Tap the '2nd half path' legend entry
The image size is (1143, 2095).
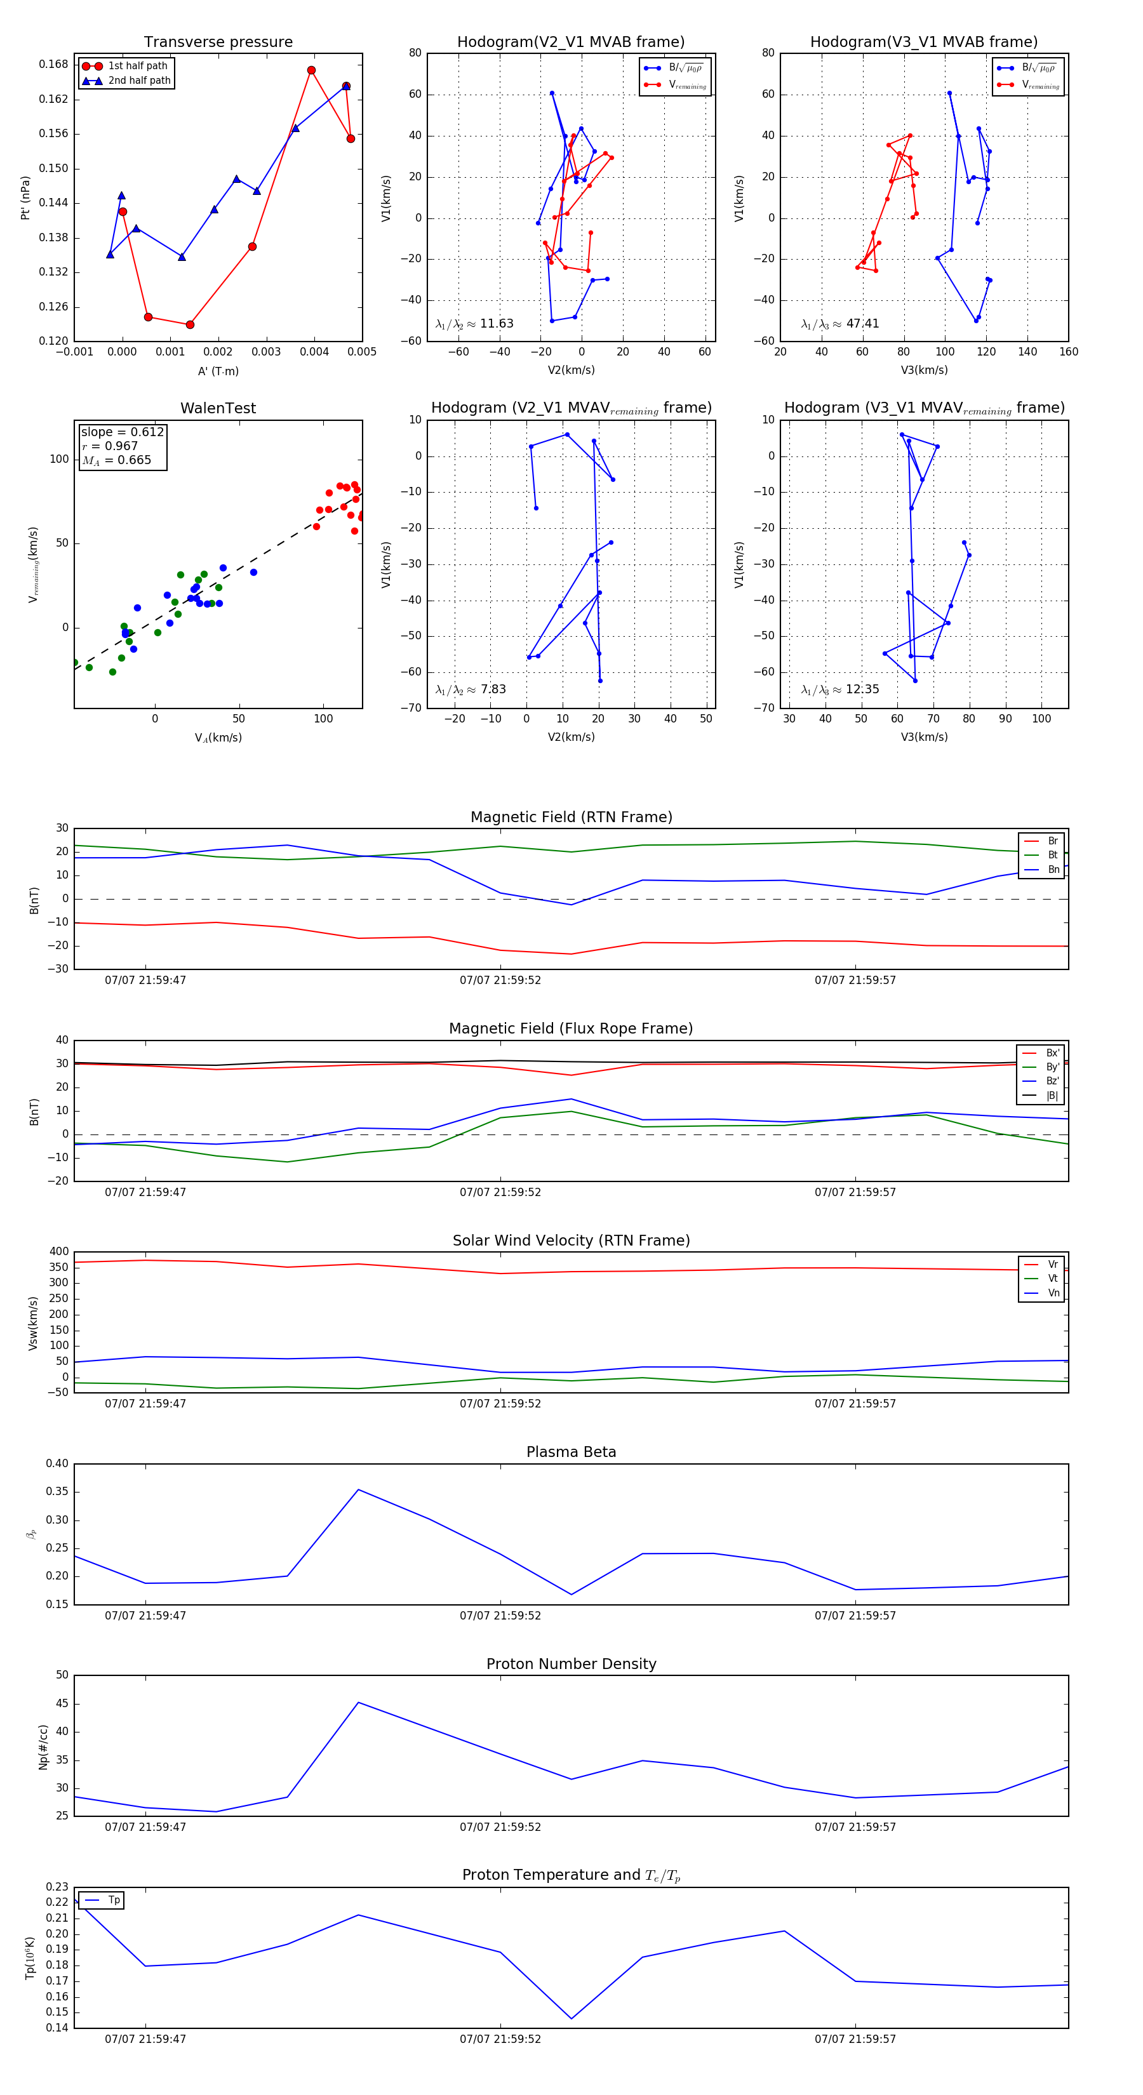click(x=139, y=81)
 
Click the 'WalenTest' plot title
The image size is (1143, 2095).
click(x=218, y=408)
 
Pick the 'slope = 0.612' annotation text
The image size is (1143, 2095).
click(x=122, y=432)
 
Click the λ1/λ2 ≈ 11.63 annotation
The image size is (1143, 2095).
click(x=474, y=324)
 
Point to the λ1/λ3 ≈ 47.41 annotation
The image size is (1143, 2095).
click(x=839, y=324)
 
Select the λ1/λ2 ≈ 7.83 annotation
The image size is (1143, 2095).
click(x=470, y=689)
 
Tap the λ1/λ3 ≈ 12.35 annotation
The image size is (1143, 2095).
click(x=839, y=689)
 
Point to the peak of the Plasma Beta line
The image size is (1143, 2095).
click(x=359, y=1490)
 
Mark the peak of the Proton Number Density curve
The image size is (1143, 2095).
click(x=359, y=1702)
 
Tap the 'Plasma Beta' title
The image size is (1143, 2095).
click(x=571, y=1452)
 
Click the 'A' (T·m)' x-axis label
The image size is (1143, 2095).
click(x=218, y=371)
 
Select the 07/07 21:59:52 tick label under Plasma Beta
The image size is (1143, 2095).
click(x=500, y=1615)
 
